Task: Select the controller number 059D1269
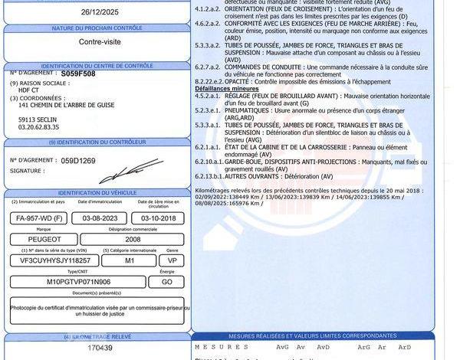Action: click(78, 161)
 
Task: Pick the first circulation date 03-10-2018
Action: click(159, 219)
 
